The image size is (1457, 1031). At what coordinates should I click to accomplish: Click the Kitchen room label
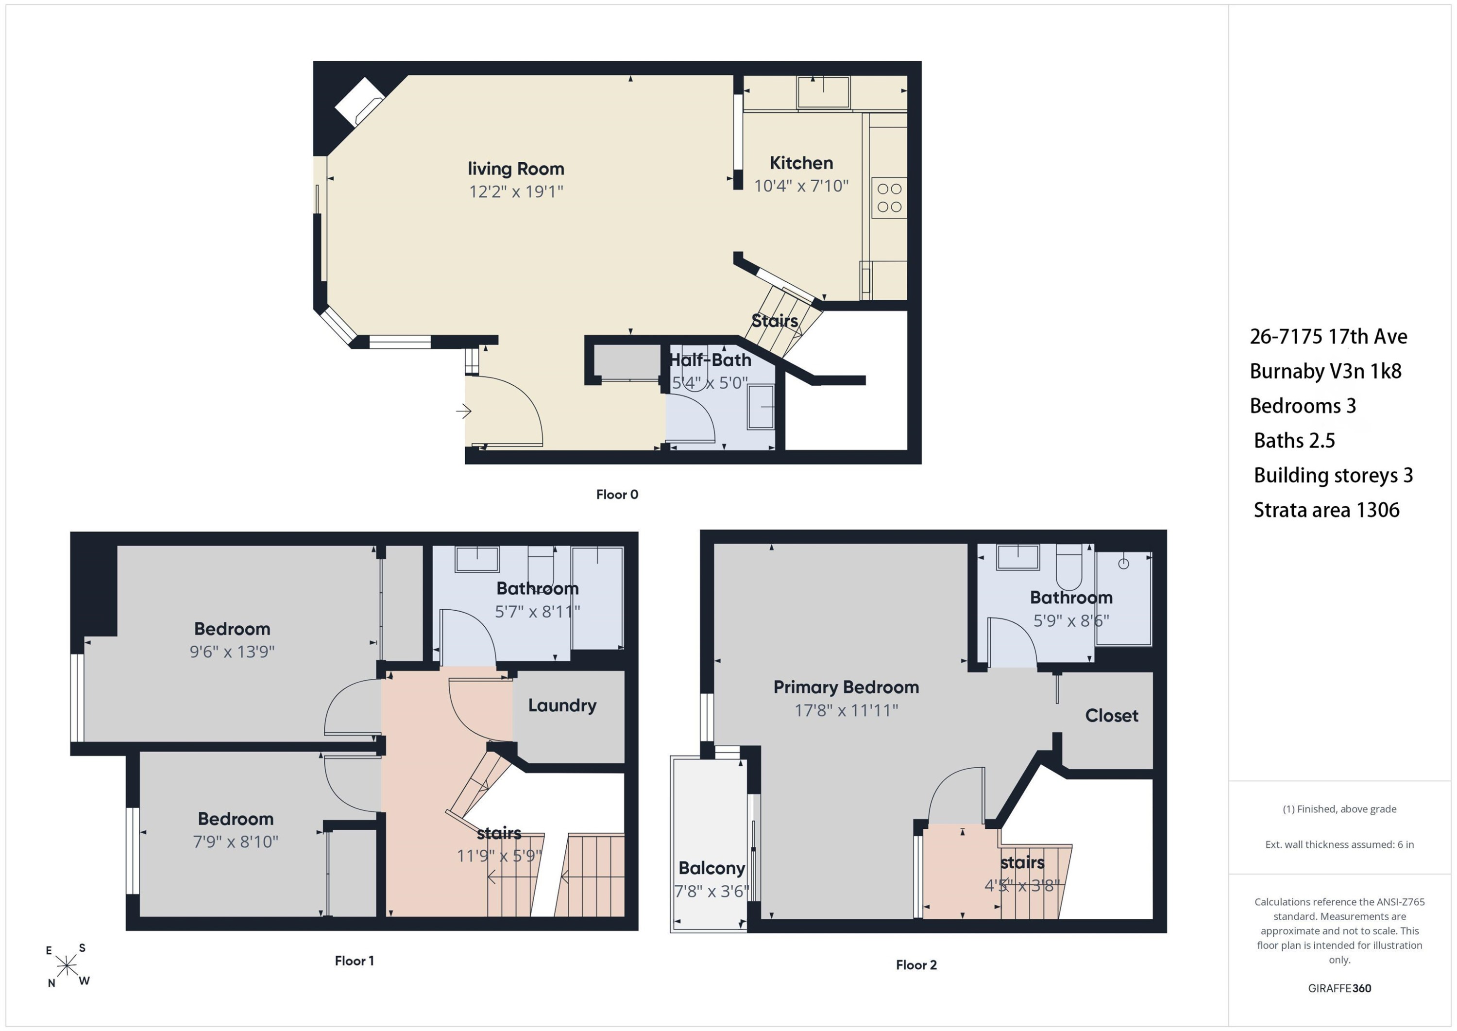point(801,163)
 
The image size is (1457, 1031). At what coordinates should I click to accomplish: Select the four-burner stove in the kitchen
point(889,197)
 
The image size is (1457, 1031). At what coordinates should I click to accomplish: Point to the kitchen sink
point(823,93)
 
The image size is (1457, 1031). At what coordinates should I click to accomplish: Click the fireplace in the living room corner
point(359,102)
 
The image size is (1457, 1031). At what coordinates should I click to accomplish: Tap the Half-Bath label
point(710,360)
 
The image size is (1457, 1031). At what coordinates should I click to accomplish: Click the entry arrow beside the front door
point(463,412)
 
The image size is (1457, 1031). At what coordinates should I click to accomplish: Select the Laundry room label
point(562,706)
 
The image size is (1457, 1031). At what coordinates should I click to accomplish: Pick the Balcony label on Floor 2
point(712,868)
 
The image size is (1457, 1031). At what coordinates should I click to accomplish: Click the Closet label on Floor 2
point(1111,716)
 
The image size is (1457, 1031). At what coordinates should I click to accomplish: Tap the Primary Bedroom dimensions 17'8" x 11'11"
point(846,710)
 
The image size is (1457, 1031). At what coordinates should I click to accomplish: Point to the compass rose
point(67,965)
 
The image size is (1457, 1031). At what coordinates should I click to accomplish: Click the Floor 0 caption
point(617,495)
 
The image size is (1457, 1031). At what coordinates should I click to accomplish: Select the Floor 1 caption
point(354,961)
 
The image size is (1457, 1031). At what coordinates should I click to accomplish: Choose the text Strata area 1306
point(1326,510)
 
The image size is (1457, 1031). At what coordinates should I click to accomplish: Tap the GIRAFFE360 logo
point(1339,988)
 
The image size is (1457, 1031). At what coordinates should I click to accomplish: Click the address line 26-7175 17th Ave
point(1328,337)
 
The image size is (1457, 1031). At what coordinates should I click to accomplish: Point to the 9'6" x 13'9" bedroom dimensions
point(232,652)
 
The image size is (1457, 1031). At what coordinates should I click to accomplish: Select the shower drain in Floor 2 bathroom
point(1123,563)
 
